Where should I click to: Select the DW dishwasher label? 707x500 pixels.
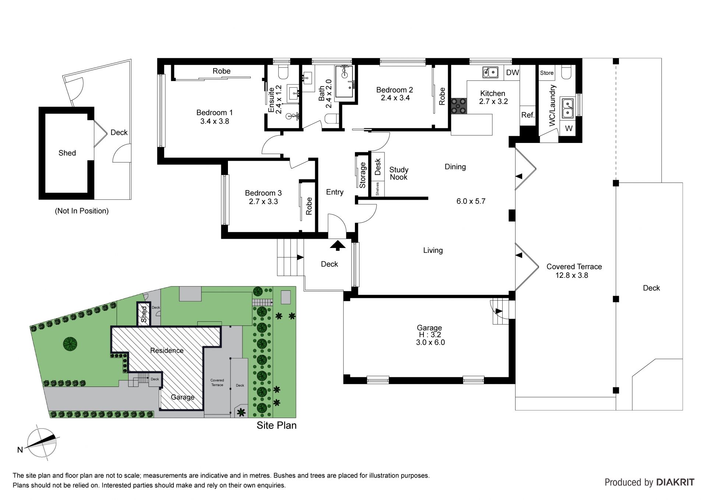[x=512, y=73]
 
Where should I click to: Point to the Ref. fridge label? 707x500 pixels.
[x=528, y=115]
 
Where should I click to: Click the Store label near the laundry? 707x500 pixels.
[x=547, y=73]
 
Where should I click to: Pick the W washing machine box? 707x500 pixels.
[x=569, y=128]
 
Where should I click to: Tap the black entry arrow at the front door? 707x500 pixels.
[x=337, y=245]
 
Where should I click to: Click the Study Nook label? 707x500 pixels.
[x=399, y=173]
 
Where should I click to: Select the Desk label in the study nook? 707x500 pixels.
[x=378, y=167]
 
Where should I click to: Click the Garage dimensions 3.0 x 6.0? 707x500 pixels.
[x=430, y=342]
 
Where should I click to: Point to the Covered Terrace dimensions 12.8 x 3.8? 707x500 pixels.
[x=572, y=275]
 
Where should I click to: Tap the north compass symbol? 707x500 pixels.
[x=42, y=443]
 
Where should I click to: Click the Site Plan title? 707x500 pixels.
[x=277, y=425]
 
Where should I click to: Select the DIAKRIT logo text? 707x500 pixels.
[x=675, y=482]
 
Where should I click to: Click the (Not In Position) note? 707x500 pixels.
[x=82, y=211]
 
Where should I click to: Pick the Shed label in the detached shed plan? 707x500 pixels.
[x=67, y=153]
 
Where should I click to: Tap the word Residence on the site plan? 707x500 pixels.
[x=167, y=350]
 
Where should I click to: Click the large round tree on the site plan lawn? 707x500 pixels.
[x=70, y=344]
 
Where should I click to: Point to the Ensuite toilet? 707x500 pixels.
[x=283, y=72]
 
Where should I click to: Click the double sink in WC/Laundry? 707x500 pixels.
[x=567, y=108]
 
